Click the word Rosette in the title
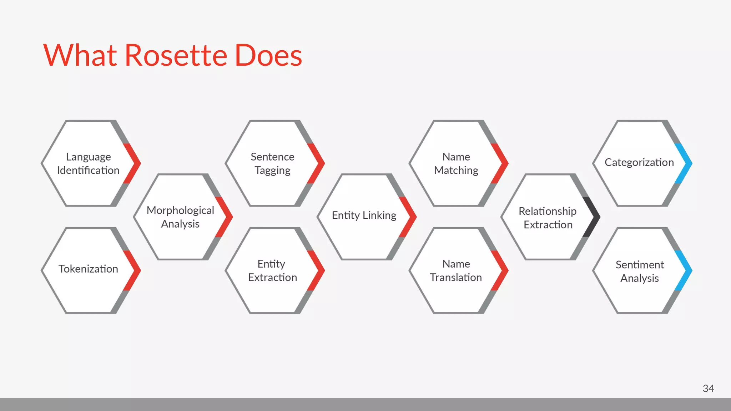pyautogui.click(x=176, y=56)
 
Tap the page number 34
pyautogui.click(x=708, y=389)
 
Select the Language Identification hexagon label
pyautogui.click(x=88, y=163)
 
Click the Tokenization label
pyautogui.click(x=88, y=269)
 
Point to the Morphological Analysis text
pyautogui.click(x=180, y=217)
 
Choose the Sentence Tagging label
pyautogui.click(x=272, y=163)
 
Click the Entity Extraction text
pyautogui.click(x=272, y=270)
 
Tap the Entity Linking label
pyautogui.click(x=364, y=215)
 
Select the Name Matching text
pyautogui.click(x=456, y=163)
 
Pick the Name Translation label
pyautogui.click(x=456, y=270)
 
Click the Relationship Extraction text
pyautogui.click(x=548, y=218)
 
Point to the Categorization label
pyautogui.click(x=639, y=162)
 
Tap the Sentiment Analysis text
pyautogui.click(x=640, y=271)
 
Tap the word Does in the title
pyautogui.click(x=268, y=56)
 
